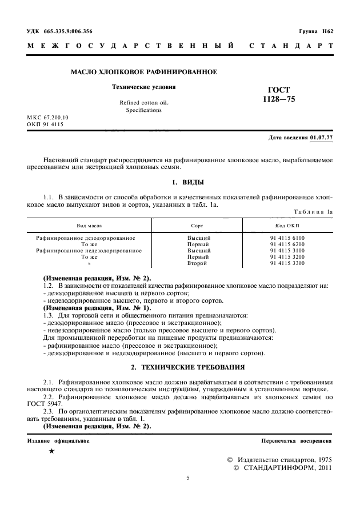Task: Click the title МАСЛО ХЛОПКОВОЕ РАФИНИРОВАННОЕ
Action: (x=143, y=73)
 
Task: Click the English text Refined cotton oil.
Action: (x=144, y=103)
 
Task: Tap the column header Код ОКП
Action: (x=287, y=225)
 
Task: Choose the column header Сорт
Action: (x=198, y=225)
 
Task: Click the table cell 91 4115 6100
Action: (x=287, y=237)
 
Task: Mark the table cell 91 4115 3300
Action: (x=287, y=263)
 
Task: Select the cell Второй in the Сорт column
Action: (x=199, y=263)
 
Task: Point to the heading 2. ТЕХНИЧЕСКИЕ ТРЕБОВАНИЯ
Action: (x=188, y=366)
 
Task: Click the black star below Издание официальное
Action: (x=52, y=451)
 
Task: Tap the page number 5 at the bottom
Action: (x=188, y=478)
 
